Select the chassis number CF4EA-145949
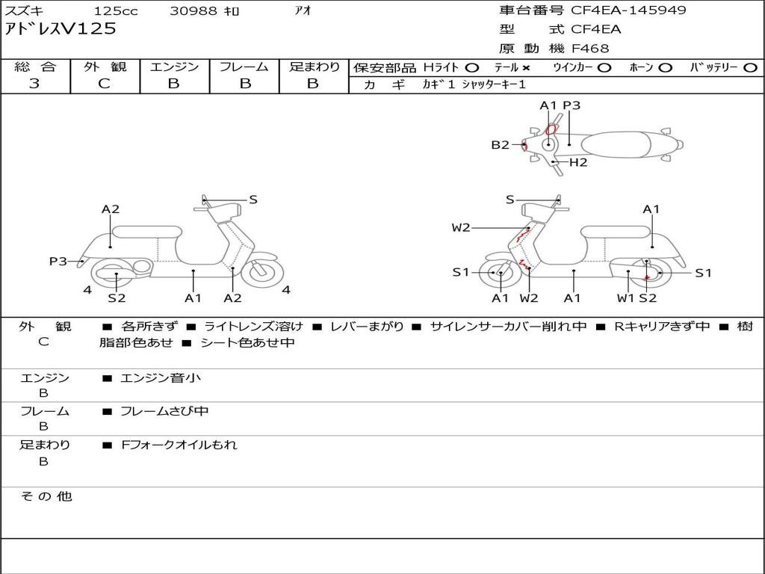pos(628,10)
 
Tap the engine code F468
pos(590,49)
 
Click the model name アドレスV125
pos(61,29)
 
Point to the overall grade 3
pos(34,84)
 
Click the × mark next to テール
pos(526,67)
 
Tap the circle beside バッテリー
pos(750,67)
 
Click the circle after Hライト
pos(471,67)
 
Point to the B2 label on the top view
pos(500,145)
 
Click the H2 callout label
pos(578,162)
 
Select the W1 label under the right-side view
pos(625,298)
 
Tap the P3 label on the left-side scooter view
pos(58,261)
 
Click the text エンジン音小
pos(160,378)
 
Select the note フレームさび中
pos(164,411)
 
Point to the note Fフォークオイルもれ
pos(179,445)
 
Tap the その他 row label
pos(46,496)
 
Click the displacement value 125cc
pos(111,11)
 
